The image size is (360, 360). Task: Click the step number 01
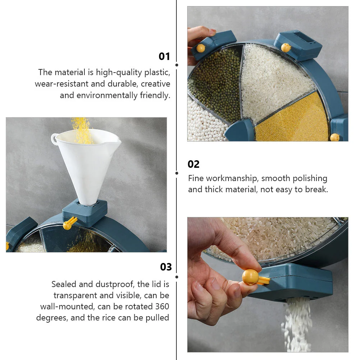pyautogui.click(x=165, y=56)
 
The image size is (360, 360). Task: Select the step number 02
pyautogui.click(x=194, y=164)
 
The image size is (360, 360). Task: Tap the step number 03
pyautogui.click(x=166, y=267)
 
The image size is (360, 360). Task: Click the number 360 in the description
pyautogui.click(x=162, y=306)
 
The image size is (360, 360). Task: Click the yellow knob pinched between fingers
pyautogui.click(x=250, y=277)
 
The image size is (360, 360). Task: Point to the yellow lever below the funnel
pyautogui.click(x=70, y=223)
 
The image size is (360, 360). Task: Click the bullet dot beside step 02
pyautogui.click(x=176, y=173)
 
